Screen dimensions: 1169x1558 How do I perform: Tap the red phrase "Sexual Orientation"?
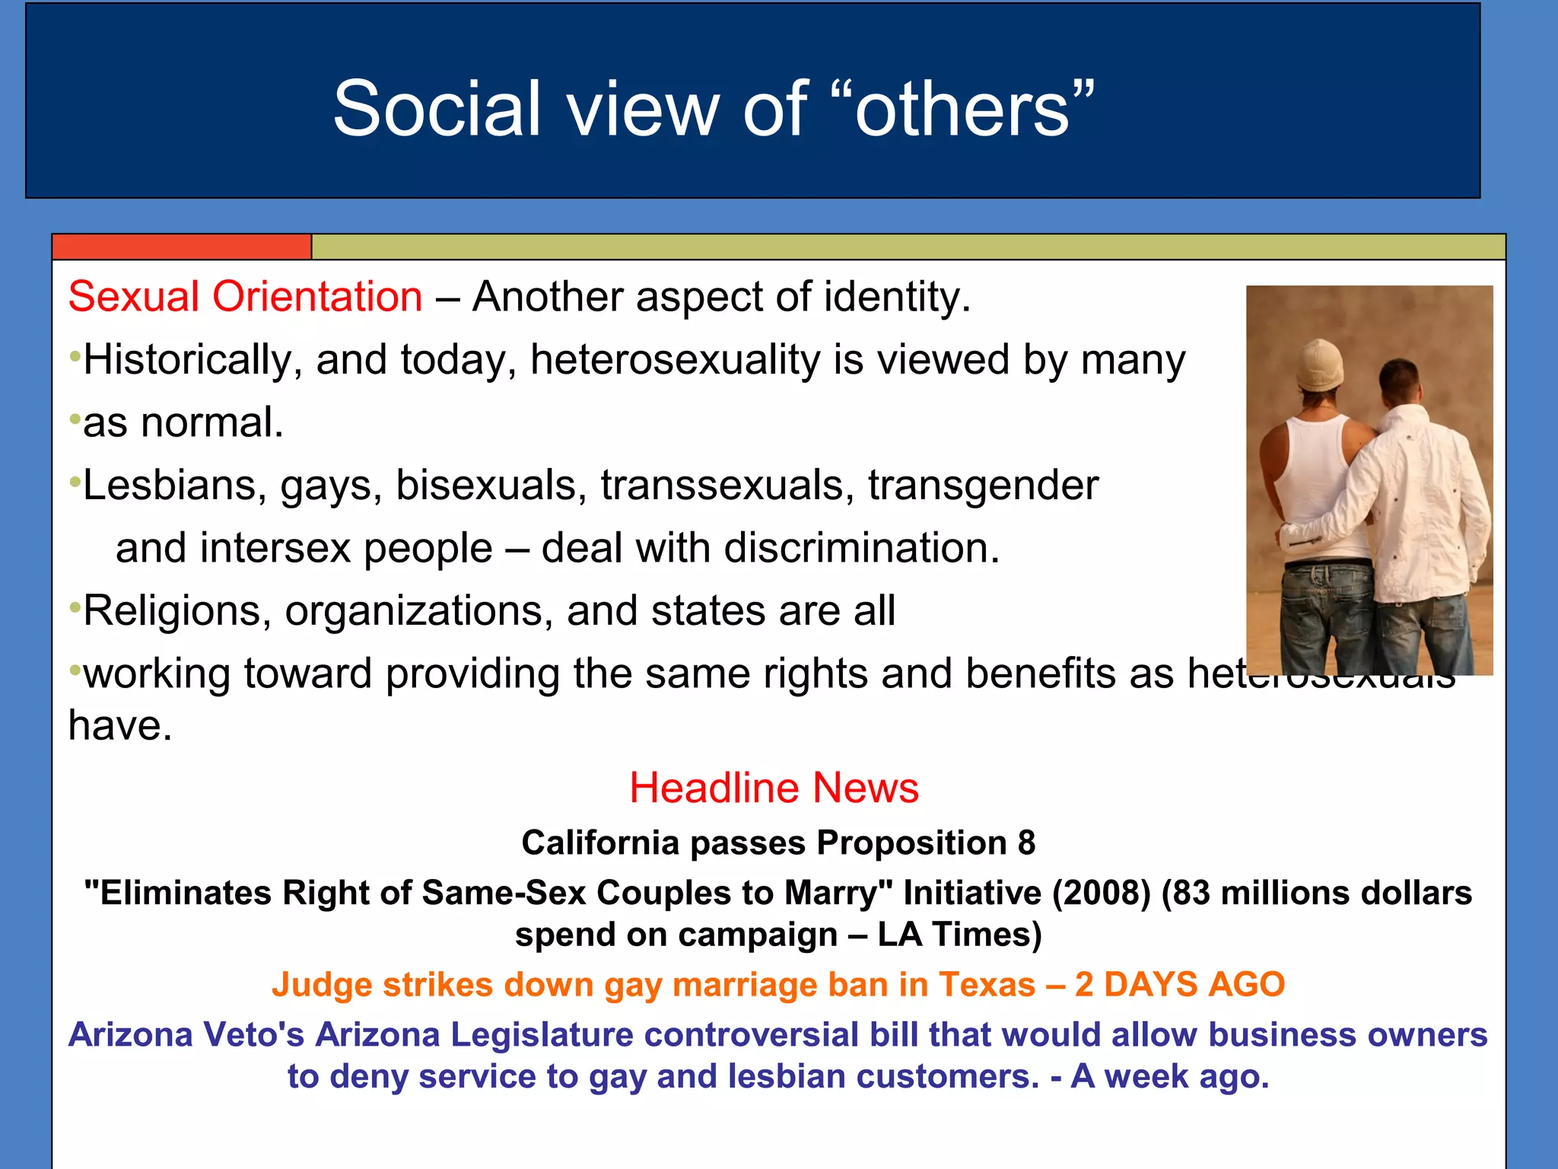[245, 296]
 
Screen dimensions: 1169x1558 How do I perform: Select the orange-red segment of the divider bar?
[182, 247]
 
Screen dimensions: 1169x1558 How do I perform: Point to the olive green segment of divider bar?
[905, 247]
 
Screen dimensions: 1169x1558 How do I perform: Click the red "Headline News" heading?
[774, 788]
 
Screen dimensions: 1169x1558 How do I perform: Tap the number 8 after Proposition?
[1026, 843]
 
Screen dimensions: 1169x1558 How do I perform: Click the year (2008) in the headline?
[1102, 893]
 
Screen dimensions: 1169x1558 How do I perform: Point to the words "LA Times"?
[958, 935]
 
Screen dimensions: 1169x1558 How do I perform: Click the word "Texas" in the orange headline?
[987, 984]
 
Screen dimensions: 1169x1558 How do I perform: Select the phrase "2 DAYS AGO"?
[1179, 984]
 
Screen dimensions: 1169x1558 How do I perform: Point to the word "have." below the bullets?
[120, 725]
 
